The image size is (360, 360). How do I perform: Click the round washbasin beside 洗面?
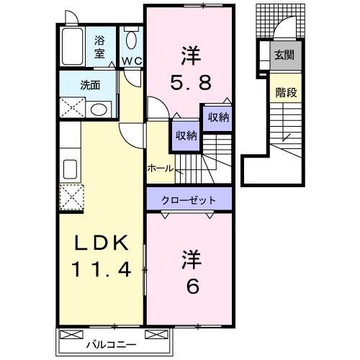(99, 109)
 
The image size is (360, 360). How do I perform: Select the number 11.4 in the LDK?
(100, 271)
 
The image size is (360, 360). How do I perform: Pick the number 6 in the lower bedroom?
(192, 285)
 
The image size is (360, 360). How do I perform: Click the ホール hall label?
(159, 168)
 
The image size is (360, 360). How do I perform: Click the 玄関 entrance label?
(283, 55)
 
